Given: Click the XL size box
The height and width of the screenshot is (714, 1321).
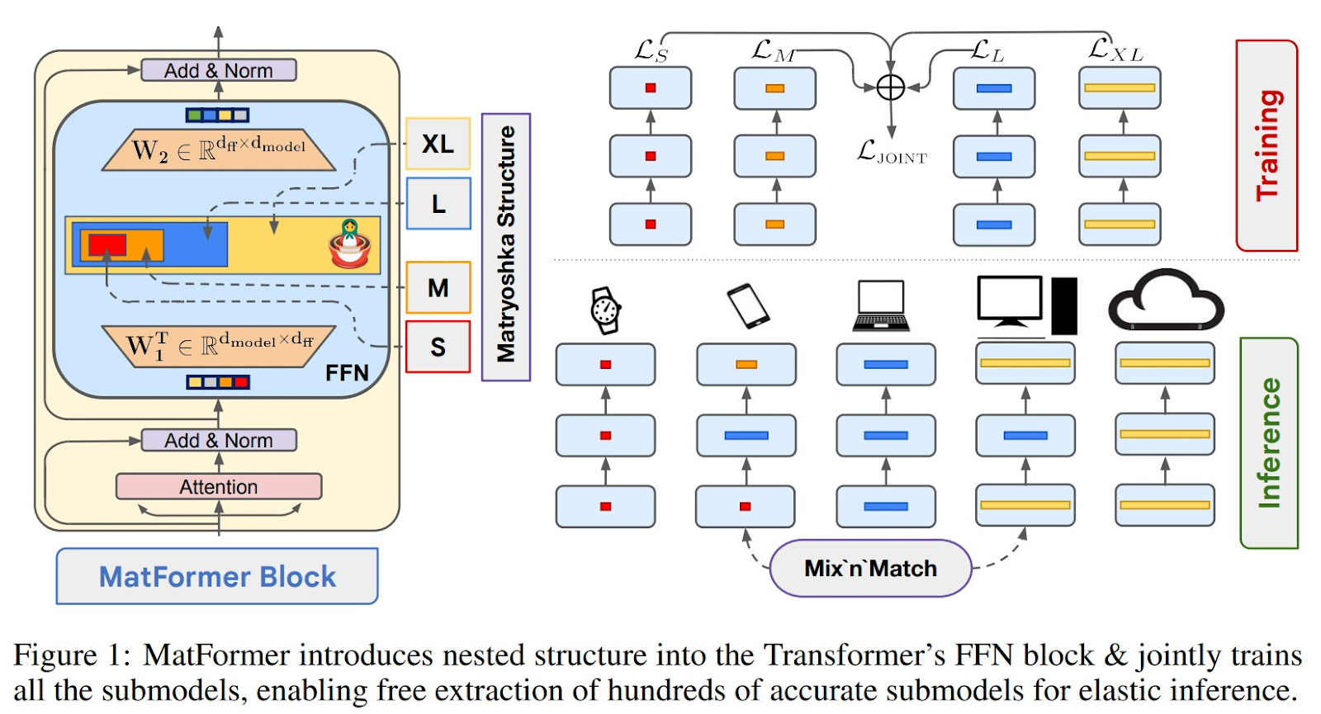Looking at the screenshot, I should pyautogui.click(x=438, y=144).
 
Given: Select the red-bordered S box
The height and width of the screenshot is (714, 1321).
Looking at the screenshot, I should pyautogui.click(x=438, y=347).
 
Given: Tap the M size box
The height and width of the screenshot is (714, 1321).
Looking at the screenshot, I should pyautogui.click(x=438, y=288).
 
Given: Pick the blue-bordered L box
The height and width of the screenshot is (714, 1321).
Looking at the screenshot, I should pyautogui.click(x=438, y=204).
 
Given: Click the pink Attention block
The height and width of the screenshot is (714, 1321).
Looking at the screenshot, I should pyautogui.click(x=219, y=487).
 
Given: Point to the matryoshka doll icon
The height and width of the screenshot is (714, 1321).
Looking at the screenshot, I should pyautogui.click(x=350, y=244).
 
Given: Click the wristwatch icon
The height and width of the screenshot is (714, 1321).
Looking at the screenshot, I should pyautogui.click(x=605, y=310).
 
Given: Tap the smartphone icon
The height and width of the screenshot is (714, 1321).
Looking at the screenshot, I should pyautogui.click(x=748, y=305).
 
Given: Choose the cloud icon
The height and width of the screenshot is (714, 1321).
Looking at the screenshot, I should pyautogui.click(x=1165, y=302).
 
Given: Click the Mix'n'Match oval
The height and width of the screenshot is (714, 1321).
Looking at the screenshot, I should pyautogui.click(x=870, y=569).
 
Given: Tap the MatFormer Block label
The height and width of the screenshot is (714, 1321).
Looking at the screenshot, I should pyautogui.click(x=217, y=576).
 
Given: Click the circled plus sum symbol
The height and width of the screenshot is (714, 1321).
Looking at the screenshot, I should pyautogui.click(x=890, y=87).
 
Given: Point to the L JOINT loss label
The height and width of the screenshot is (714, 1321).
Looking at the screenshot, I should pyautogui.click(x=892, y=153).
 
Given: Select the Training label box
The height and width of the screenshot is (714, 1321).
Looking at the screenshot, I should pyautogui.click(x=1267, y=145).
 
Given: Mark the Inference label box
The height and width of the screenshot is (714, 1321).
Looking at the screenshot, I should pyautogui.click(x=1269, y=442).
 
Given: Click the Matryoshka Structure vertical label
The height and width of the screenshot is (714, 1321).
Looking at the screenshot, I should pyautogui.click(x=505, y=246).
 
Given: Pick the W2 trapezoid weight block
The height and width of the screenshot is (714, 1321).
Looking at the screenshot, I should pyautogui.click(x=219, y=150).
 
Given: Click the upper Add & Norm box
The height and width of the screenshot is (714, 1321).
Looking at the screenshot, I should pyautogui.click(x=219, y=71).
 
